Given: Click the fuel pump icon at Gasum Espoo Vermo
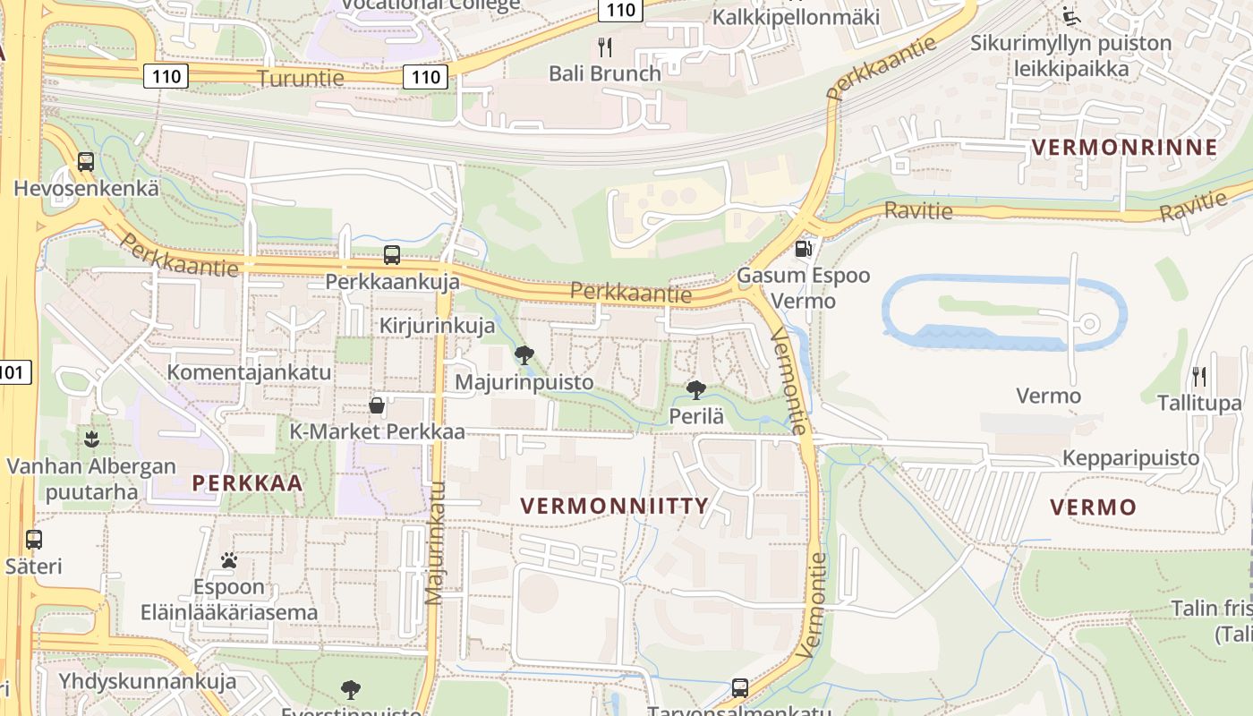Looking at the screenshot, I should [804, 249].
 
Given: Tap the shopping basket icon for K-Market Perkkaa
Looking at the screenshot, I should [377, 405].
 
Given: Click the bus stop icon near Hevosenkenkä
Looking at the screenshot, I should [86, 162].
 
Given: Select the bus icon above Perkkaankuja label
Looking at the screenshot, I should [392, 255].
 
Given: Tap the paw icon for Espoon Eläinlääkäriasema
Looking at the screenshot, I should [229, 561].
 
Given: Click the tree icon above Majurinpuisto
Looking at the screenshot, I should [524, 355].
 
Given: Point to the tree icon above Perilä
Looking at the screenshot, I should [695, 390].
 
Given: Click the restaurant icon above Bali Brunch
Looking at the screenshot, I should [605, 47].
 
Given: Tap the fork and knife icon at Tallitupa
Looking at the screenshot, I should [1199, 377].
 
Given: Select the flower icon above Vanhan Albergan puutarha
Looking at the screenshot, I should [90, 439].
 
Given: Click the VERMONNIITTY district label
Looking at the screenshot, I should [614, 506].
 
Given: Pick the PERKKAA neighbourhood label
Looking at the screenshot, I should [247, 483].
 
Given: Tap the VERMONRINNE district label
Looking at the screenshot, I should [1125, 148].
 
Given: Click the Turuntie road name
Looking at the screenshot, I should [301, 78].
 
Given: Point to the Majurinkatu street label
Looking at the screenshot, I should [435, 542].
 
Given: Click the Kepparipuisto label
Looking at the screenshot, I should [1130, 458].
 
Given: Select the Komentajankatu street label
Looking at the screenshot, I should [249, 372].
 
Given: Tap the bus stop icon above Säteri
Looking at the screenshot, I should [34, 540].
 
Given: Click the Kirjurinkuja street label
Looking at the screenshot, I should [437, 326].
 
